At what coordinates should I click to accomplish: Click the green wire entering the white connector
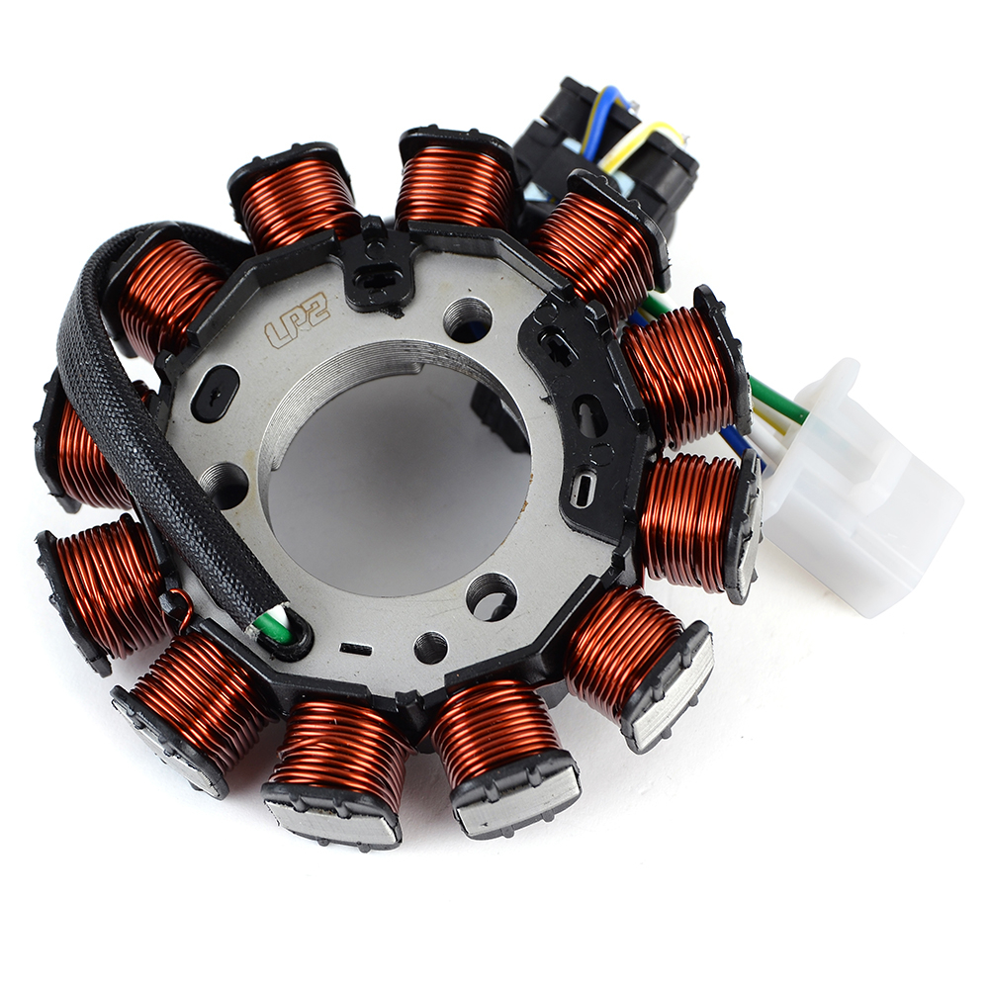click(x=779, y=398)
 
